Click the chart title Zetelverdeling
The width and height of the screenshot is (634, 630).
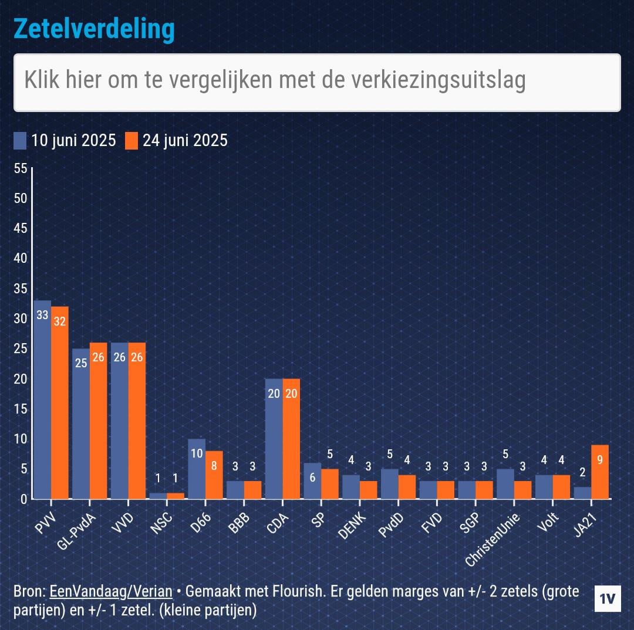94,29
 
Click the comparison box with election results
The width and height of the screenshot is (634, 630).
317,83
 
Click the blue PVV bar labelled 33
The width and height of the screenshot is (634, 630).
42,399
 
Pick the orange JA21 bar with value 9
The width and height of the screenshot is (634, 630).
600,472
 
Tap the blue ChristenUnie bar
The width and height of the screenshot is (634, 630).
505,484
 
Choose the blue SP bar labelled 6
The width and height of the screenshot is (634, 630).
312,481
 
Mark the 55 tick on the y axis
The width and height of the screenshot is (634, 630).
21,169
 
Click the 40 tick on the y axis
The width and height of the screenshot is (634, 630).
21,259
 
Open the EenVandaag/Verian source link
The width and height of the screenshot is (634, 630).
111,591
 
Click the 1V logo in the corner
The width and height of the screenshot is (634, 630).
608,599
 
